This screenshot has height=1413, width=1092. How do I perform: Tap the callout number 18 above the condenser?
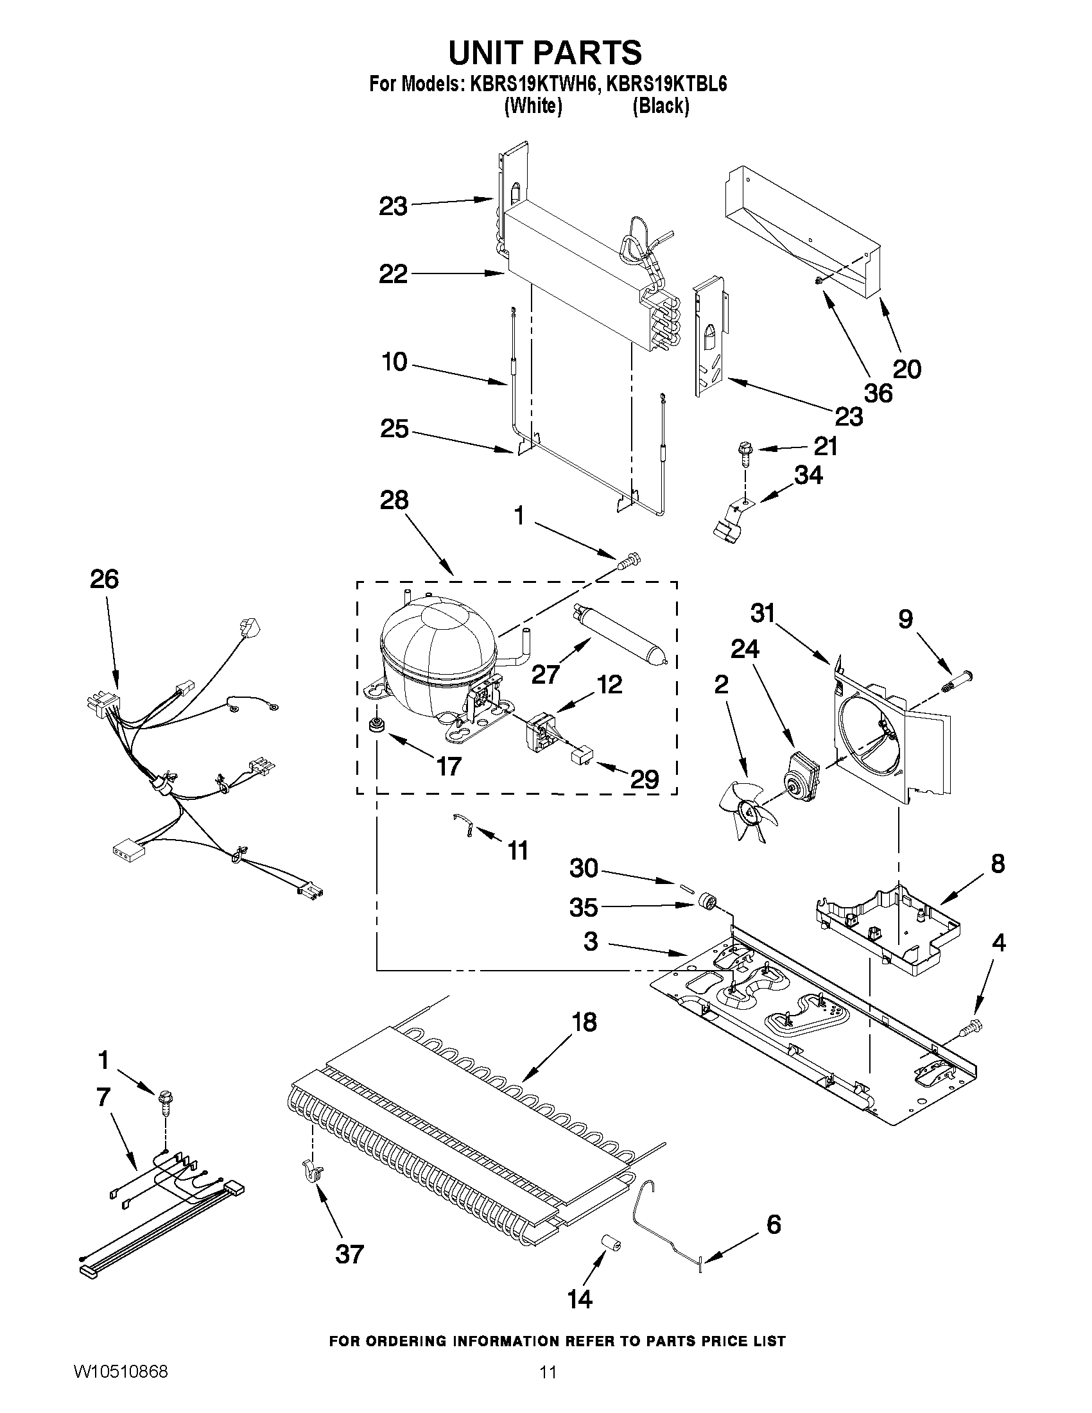[x=584, y=1023]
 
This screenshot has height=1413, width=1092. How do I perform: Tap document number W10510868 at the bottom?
[x=121, y=1387]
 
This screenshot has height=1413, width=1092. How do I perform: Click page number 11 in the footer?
[x=548, y=1387]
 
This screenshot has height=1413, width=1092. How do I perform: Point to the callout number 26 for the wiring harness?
[x=104, y=579]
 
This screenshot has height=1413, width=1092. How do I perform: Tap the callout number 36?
[x=878, y=393]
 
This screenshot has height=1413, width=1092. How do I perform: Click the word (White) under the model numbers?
[x=532, y=105]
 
